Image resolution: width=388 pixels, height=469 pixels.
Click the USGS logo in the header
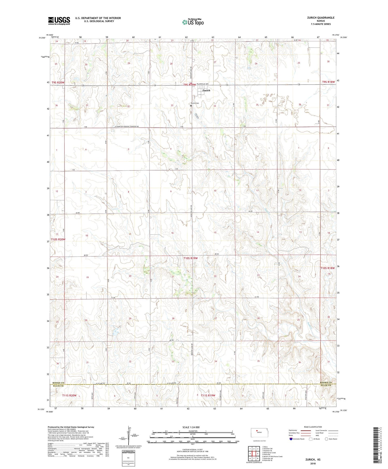pyautogui.click(x=59, y=21)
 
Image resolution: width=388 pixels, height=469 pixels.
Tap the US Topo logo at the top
pyautogui.click(x=193, y=22)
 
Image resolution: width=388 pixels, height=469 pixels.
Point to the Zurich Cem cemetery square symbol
pyautogui.click(x=191, y=106)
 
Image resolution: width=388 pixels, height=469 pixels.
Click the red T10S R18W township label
pyautogui.click(x=327, y=268)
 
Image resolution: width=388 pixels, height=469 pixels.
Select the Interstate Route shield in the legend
pyautogui.click(x=291, y=439)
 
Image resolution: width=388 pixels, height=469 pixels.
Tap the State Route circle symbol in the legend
pyautogui.click(x=326, y=439)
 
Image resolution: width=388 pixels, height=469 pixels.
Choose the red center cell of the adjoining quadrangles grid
pyautogui.click(x=254, y=453)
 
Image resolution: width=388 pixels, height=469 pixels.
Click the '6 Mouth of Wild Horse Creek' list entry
pyautogui.click(x=273, y=457)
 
